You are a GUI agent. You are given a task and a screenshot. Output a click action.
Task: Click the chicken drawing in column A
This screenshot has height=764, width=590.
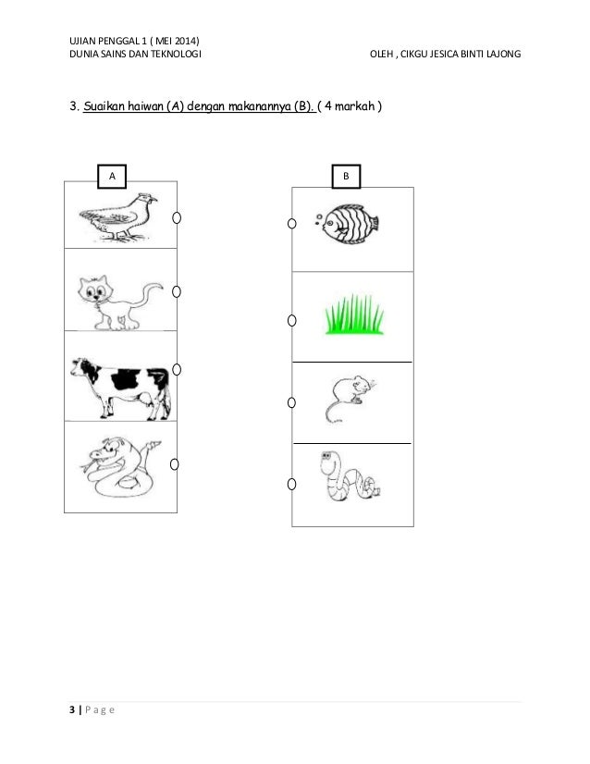118,217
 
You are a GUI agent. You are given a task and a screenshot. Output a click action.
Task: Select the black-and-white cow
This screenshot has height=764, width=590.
121,388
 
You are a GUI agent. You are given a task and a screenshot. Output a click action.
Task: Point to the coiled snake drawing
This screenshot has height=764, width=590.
120,468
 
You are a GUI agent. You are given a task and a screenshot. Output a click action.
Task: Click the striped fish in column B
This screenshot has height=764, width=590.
347,224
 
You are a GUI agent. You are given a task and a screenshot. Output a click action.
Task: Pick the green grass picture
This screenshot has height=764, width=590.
354,314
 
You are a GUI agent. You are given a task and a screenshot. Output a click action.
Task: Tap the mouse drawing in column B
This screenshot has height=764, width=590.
350,398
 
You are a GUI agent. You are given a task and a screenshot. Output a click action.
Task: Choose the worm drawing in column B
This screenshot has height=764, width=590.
350,476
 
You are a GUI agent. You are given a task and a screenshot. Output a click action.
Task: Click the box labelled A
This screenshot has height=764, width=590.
112,177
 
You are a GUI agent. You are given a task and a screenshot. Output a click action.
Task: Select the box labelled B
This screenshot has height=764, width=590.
347,177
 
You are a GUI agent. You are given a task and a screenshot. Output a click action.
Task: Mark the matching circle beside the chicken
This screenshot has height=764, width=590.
177,217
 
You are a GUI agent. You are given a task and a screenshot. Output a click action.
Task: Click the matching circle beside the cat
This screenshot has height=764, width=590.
177,291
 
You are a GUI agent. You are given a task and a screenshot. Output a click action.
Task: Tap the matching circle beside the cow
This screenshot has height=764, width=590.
177,369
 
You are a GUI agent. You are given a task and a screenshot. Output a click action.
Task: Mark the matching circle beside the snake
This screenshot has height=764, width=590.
175,464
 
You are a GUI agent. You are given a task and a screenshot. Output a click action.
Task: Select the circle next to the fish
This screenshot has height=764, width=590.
292,223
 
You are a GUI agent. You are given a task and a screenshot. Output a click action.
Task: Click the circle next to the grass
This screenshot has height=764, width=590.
292,320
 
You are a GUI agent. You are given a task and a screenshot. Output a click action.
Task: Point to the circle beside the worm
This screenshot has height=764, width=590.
292,484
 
